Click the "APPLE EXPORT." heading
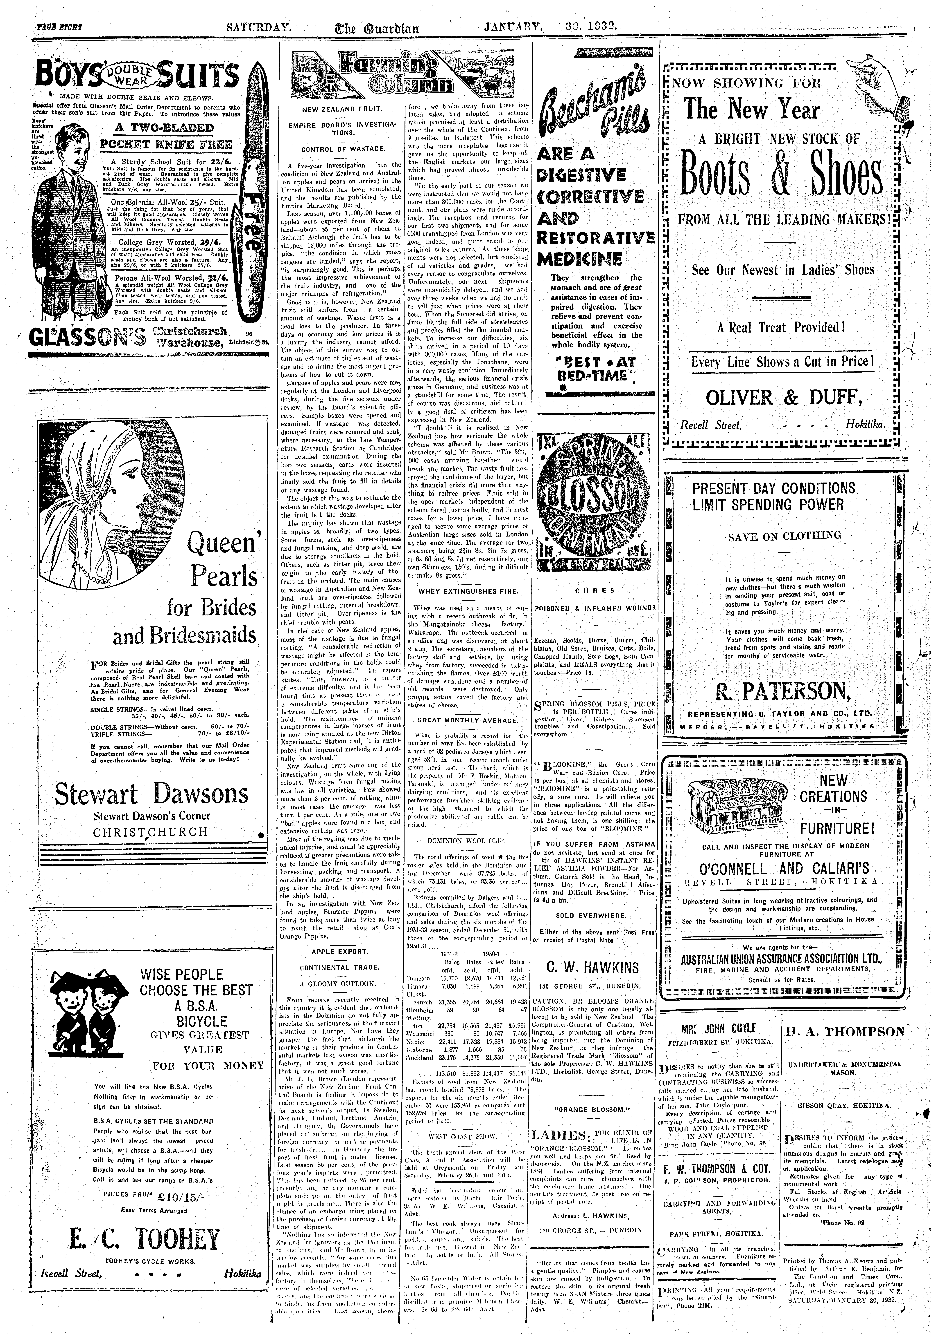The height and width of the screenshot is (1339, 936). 340,951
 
